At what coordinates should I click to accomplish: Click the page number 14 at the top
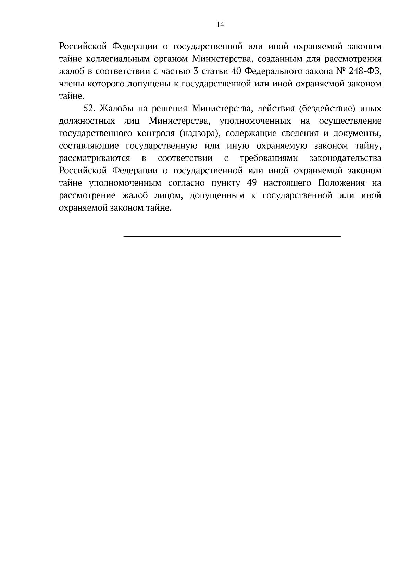[x=220, y=24]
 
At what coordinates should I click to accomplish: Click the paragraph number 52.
[x=89, y=109]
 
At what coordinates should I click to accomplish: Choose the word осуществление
[x=350, y=121]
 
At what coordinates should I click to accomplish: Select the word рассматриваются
[x=95, y=159]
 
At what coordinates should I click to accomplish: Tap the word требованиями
[x=269, y=159]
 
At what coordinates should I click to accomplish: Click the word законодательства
[x=345, y=159]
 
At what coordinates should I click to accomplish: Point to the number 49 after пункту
[x=252, y=183]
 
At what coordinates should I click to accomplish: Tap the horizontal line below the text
[x=232, y=236]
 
